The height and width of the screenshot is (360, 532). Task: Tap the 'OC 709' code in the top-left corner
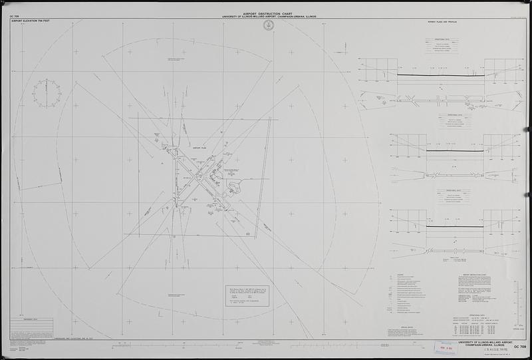coord(16,15)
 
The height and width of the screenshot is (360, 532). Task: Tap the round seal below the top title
coord(268,25)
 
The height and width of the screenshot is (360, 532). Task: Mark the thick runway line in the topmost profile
coord(442,75)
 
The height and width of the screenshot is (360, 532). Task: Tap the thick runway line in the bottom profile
coord(442,228)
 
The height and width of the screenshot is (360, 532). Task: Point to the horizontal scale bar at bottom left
coord(160,345)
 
